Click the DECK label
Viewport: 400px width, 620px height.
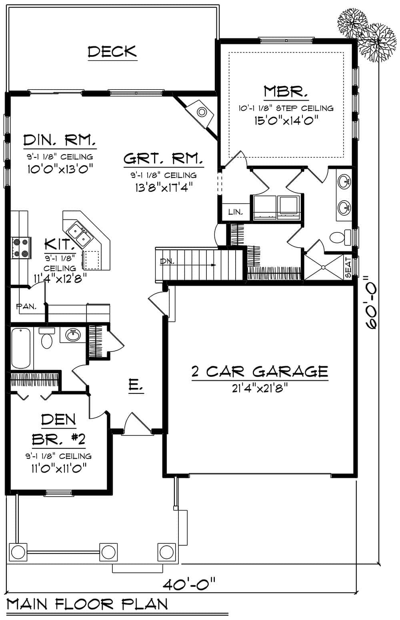click(112, 52)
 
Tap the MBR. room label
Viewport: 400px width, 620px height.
click(286, 92)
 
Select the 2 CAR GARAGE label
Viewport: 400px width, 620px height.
click(260, 372)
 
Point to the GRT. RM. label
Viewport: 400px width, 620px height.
click(163, 159)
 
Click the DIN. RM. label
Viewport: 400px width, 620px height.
click(60, 141)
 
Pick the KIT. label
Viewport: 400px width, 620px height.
click(59, 243)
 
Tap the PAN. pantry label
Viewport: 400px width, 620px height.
click(26, 307)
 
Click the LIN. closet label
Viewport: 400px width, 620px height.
click(236, 212)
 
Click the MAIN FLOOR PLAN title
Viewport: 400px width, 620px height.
click(87, 604)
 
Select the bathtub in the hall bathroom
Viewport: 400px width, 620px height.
click(21, 348)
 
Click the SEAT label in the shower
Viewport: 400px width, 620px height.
click(348, 267)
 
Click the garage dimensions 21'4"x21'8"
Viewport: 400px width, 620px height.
click(260, 388)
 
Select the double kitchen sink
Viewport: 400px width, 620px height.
click(80, 235)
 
